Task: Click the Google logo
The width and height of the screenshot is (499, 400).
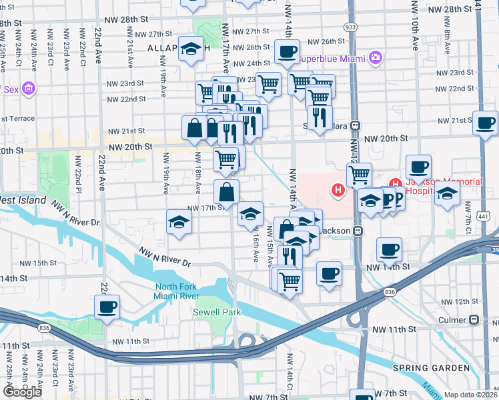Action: pyautogui.click(x=23, y=392)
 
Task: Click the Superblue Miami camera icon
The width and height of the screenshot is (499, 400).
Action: pyautogui.click(x=376, y=59)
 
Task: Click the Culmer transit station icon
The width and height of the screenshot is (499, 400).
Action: pyautogui.click(x=474, y=320)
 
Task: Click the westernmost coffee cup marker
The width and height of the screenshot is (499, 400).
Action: pyautogui.click(x=107, y=307)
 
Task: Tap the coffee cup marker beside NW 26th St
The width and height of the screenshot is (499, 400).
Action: pyautogui.click(x=288, y=51)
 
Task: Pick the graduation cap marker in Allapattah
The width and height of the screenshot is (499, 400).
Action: pyautogui.click(x=191, y=48)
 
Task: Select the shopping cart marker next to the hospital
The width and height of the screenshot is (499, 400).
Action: pyautogui.click(x=360, y=174)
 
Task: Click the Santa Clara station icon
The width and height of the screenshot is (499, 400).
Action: pyautogui.click(x=356, y=125)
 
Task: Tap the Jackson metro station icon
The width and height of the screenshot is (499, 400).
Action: pyautogui.click(x=358, y=231)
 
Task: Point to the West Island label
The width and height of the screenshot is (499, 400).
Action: pyautogui.click(x=23, y=200)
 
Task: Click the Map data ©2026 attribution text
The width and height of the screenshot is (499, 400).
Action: pyautogui.click(x=470, y=395)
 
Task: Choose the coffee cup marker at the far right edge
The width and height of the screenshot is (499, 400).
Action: pyautogui.click(x=486, y=123)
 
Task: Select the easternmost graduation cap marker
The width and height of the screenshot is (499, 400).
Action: pyautogui.click(x=448, y=193)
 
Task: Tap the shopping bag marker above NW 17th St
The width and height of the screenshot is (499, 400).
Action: pyautogui.click(x=227, y=192)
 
